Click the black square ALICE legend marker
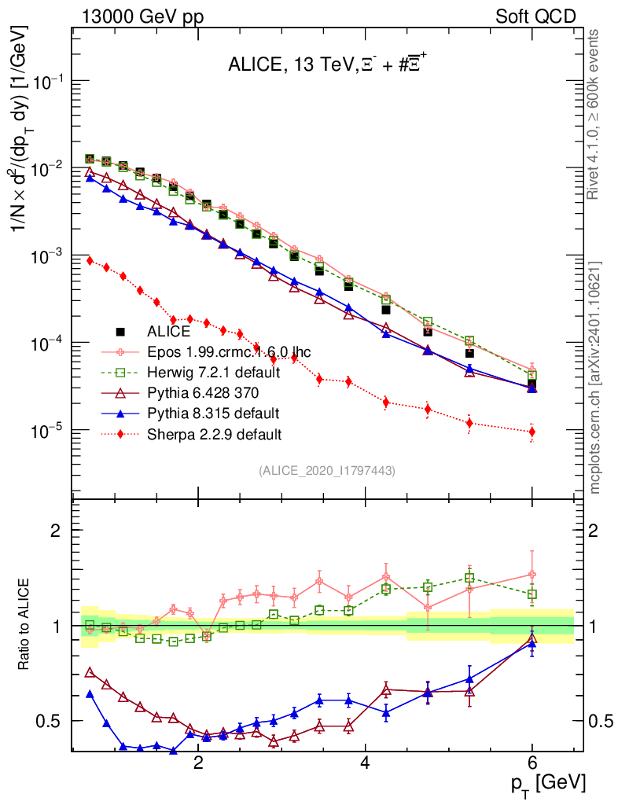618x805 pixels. (121, 332)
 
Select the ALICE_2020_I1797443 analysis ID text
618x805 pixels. (326, 470)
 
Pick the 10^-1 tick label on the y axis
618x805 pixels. (45, 83)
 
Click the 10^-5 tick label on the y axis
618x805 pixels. (45, 431)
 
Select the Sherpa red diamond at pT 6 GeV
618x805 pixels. (532, 432)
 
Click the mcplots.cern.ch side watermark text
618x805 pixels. (598, 377)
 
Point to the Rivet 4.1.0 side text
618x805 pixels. (598, 114)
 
